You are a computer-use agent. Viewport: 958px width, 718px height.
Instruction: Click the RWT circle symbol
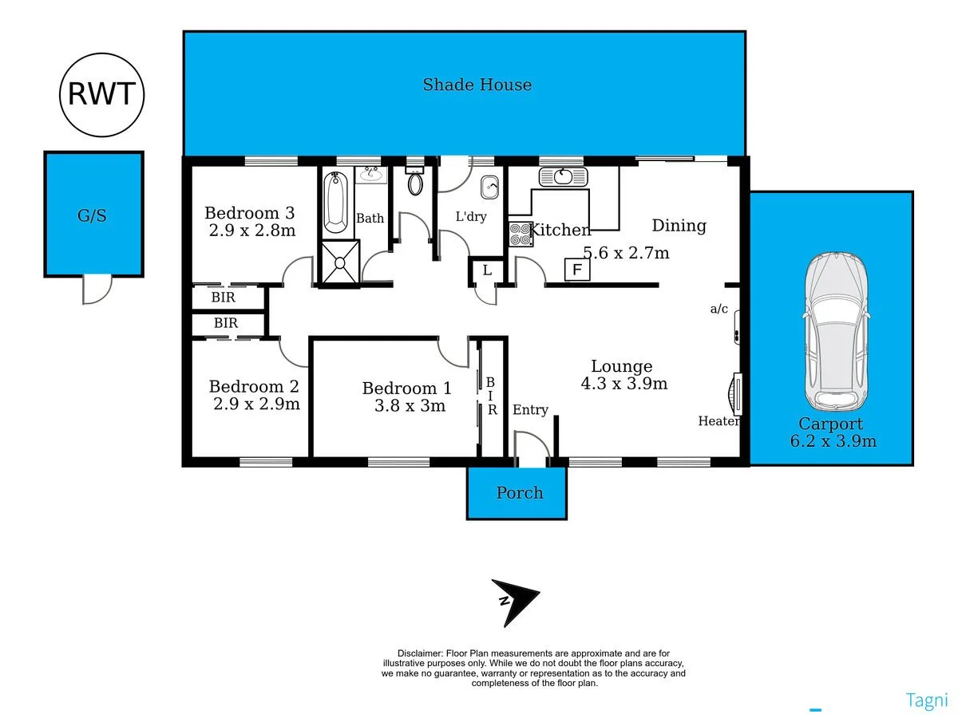coord(101,94)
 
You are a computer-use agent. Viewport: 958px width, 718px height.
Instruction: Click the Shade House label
coord(477,85)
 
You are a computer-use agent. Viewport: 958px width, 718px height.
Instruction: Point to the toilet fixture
coord(415,181)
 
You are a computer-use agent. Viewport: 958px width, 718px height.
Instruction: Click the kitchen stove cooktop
coord(521,235)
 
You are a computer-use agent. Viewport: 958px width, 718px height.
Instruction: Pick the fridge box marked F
coord(576,270)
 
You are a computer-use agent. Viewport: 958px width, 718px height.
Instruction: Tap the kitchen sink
coord(563,176)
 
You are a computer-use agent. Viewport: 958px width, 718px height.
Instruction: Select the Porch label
coord(519,493)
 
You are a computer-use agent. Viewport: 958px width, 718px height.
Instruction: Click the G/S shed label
coord(92,215)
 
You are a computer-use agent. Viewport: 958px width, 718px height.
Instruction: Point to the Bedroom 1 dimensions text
coord(410,406)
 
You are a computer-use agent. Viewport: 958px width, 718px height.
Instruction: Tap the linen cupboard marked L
coord(486,271)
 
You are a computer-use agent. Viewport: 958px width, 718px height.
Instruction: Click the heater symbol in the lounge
coord(735,393)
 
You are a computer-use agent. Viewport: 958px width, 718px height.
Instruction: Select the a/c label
coord(718,309)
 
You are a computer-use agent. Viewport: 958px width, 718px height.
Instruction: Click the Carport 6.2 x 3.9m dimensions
coord(833,441)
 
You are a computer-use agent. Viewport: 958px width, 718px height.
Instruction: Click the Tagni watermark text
coord(927,700)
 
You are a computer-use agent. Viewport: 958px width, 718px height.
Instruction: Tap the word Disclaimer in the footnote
coord(420,653)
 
